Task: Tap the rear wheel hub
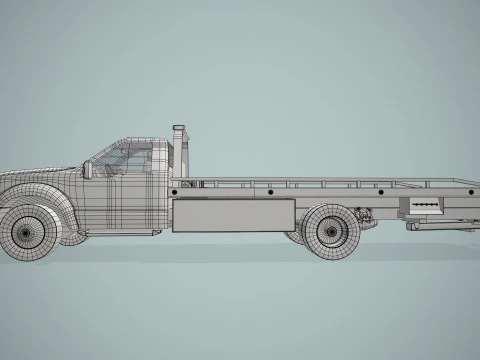[x=330, y=231]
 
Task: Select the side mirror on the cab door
[x=89, y=169]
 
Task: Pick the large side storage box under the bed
[x=234, y=214]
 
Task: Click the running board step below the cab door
[x=120, y=234]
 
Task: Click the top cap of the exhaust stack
[x=179, y=128]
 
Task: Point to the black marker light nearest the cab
[x=177, y=191]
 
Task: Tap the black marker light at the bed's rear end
[x=466, y=191]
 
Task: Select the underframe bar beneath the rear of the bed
[x=440, y=227]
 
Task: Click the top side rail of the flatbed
[x=320, y=181]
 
